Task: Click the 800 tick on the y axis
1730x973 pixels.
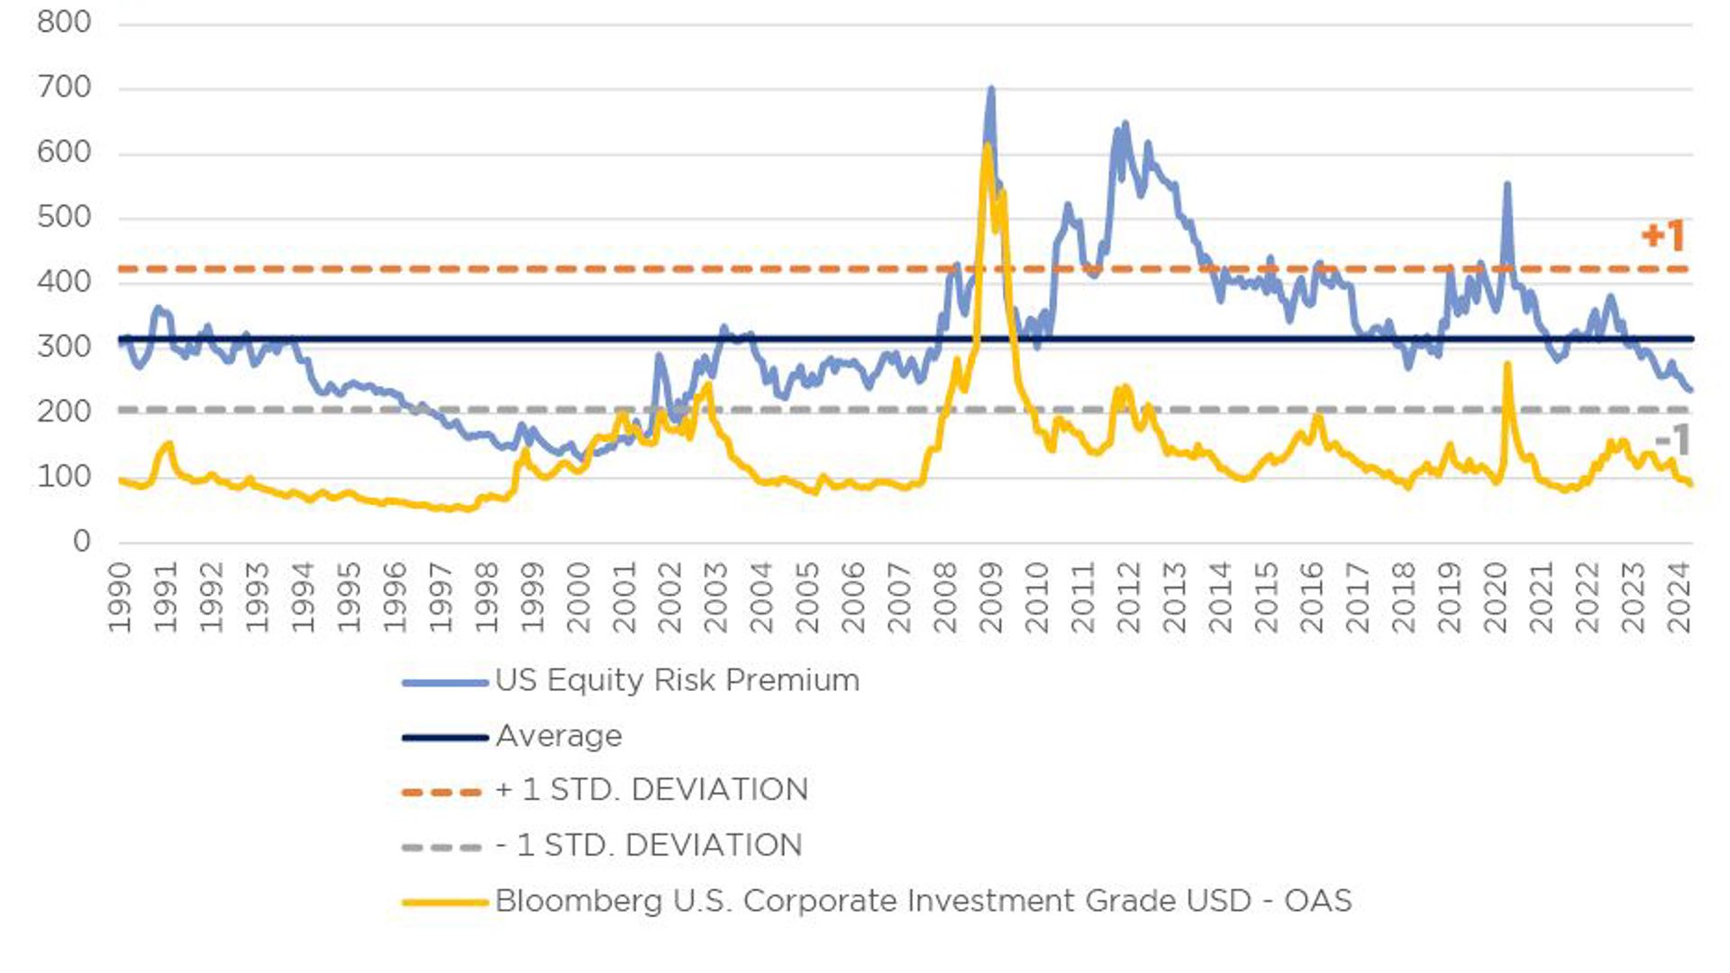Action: point(64,22)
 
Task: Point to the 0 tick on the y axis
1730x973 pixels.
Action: point(82,541)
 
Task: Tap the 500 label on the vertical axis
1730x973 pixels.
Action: point(64,217)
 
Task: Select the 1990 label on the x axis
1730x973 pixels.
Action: point(120,597)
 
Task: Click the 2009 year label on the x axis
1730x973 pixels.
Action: point(991,597)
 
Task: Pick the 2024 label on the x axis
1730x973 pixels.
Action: point(1680,597)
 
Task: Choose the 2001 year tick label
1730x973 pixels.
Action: point(624,597)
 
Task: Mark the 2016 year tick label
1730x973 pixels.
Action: point(1312,597)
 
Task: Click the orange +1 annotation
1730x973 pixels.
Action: point(1662,236)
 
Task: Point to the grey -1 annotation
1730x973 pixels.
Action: point(1672,441)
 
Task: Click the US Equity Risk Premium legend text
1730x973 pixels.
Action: point(677,680)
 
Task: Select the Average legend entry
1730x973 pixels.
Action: point(559,736)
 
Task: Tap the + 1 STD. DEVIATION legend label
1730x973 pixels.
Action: point(651,789)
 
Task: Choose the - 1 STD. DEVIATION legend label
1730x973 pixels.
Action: point(649,845)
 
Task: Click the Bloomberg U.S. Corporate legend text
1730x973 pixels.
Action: point(924,901)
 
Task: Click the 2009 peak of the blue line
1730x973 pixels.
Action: point(991,89)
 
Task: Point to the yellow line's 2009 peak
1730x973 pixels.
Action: point(988,146)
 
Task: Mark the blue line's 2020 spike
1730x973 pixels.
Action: point(1507,185)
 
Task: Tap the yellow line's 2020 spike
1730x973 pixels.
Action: point(1507,364)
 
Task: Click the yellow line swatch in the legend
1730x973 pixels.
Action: point(445,902)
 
